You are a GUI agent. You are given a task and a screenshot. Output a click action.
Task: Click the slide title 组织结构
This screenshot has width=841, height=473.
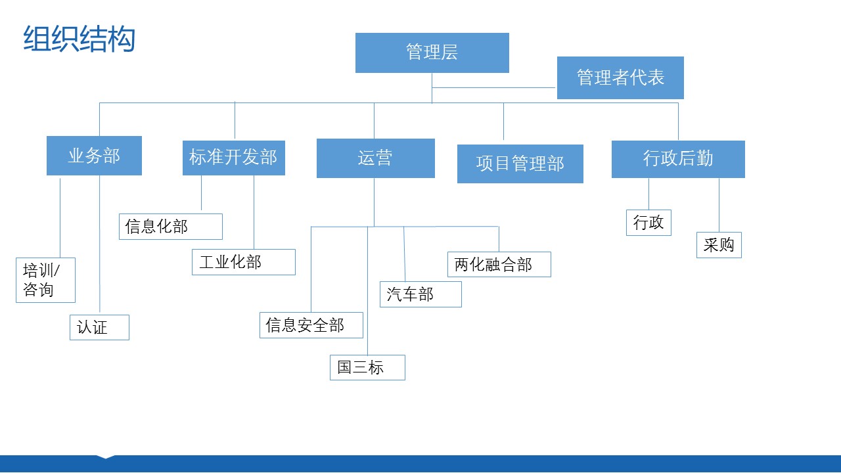tap(80, 39)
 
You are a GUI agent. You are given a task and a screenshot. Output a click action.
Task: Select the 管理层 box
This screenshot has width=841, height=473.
tap(432, 53)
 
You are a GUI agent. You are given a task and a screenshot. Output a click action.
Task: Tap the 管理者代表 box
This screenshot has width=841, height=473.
tap(620, 78)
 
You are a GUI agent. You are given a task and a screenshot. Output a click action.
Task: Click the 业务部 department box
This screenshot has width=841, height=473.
tap(94, 156)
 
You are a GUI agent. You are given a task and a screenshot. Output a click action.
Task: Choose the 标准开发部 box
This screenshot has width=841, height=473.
tap(233, 158)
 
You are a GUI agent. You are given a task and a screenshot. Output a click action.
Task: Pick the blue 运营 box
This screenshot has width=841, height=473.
tap(375, 158)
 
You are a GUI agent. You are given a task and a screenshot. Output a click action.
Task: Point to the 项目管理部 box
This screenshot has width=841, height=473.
tap(520, 164)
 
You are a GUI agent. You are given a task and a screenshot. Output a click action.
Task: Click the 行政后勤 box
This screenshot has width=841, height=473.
tap(678, 159)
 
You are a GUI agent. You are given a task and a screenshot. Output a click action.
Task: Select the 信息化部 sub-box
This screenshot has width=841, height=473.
tap(171, 227)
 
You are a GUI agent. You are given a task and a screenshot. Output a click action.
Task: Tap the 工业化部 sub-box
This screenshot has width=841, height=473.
tap(244, 262)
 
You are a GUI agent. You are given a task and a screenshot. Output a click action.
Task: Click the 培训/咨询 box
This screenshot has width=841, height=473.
tap(45, 280)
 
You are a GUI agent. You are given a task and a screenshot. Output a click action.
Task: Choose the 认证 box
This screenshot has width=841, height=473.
tap(99, 327)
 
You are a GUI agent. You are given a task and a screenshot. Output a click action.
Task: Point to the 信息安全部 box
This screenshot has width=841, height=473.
tap(311, 325)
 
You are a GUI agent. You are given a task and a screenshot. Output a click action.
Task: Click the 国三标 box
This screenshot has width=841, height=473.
tap(367, 367)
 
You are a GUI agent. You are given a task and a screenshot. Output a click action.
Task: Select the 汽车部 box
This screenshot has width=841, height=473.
tap(420, 294)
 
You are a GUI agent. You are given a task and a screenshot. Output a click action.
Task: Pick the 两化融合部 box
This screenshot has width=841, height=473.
tap(499, 264)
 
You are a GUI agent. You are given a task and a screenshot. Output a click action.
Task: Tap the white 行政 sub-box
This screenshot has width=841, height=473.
tap(648, 223)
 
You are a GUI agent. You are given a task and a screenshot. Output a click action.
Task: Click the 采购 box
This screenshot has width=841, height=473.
tap(719, 245)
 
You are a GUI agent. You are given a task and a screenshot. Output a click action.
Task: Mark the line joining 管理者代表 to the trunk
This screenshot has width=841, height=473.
tap(493, 88)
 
